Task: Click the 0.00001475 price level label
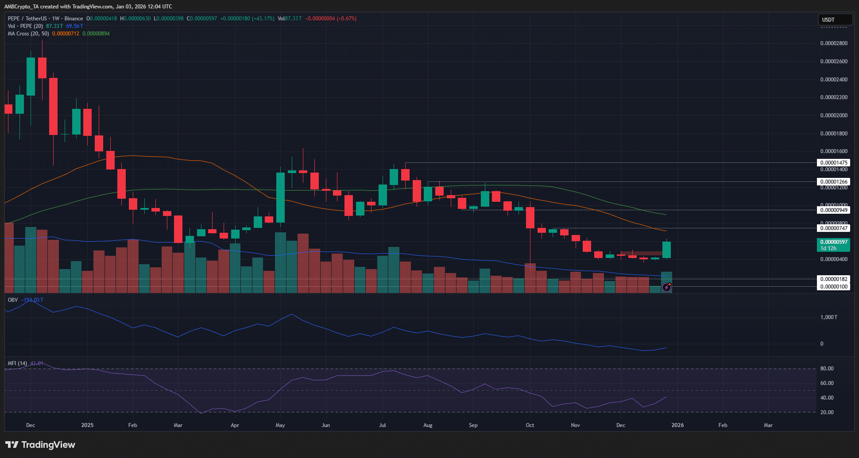pos(833,162)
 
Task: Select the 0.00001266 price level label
pos(833,181)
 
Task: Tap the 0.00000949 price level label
pos(833,210)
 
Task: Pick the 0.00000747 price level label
pos(833,228)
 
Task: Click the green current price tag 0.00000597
pos(833,242)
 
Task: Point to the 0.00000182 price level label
pos(833,279)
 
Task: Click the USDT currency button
pos(834,19)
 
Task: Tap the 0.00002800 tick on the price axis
pos(833,43)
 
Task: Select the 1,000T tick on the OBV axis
pos(828,317)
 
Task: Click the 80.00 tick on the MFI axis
pos(827,369)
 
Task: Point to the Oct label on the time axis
pos(530,425)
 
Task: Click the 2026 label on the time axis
pos(677,425)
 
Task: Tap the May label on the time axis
pos(280,425)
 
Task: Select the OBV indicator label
pos(13,300)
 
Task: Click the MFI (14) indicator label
pos(17,363)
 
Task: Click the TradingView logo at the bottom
pos(40,445)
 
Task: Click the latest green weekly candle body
pos(666,250)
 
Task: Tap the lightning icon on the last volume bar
pos(666,288)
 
